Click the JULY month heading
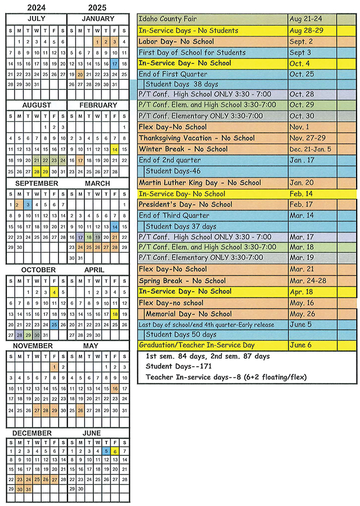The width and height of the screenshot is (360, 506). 36,19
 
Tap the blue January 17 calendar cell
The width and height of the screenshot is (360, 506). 115,64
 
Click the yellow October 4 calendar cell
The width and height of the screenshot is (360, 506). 54,292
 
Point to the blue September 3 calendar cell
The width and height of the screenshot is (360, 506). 28,205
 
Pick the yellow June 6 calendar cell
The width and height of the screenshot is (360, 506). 115,451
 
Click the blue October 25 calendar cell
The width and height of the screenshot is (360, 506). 54,324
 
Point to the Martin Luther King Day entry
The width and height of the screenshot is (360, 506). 200,183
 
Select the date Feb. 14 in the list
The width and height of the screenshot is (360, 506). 299,193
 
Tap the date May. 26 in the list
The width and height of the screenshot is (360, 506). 300,314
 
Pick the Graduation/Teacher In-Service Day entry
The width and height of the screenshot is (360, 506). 196,345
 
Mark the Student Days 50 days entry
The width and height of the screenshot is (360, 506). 181,335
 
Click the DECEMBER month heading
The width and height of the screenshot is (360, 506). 33,433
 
